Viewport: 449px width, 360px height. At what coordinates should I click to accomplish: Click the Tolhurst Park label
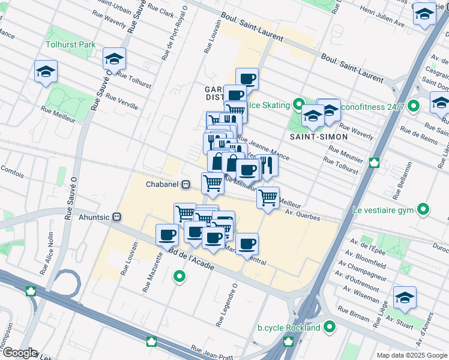71,45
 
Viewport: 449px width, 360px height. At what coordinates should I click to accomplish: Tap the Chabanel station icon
187,184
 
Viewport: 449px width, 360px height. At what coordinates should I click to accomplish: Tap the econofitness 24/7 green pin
412,107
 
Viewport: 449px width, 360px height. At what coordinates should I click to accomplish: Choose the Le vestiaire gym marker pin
424,210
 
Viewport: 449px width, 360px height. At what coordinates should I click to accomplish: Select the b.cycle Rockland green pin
329,328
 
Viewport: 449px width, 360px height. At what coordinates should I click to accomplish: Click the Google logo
19,353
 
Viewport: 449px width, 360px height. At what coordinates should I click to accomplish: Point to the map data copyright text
411,355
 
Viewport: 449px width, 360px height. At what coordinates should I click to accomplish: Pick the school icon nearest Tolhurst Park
114,59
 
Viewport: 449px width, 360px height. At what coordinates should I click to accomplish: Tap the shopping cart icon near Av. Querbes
268,197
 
